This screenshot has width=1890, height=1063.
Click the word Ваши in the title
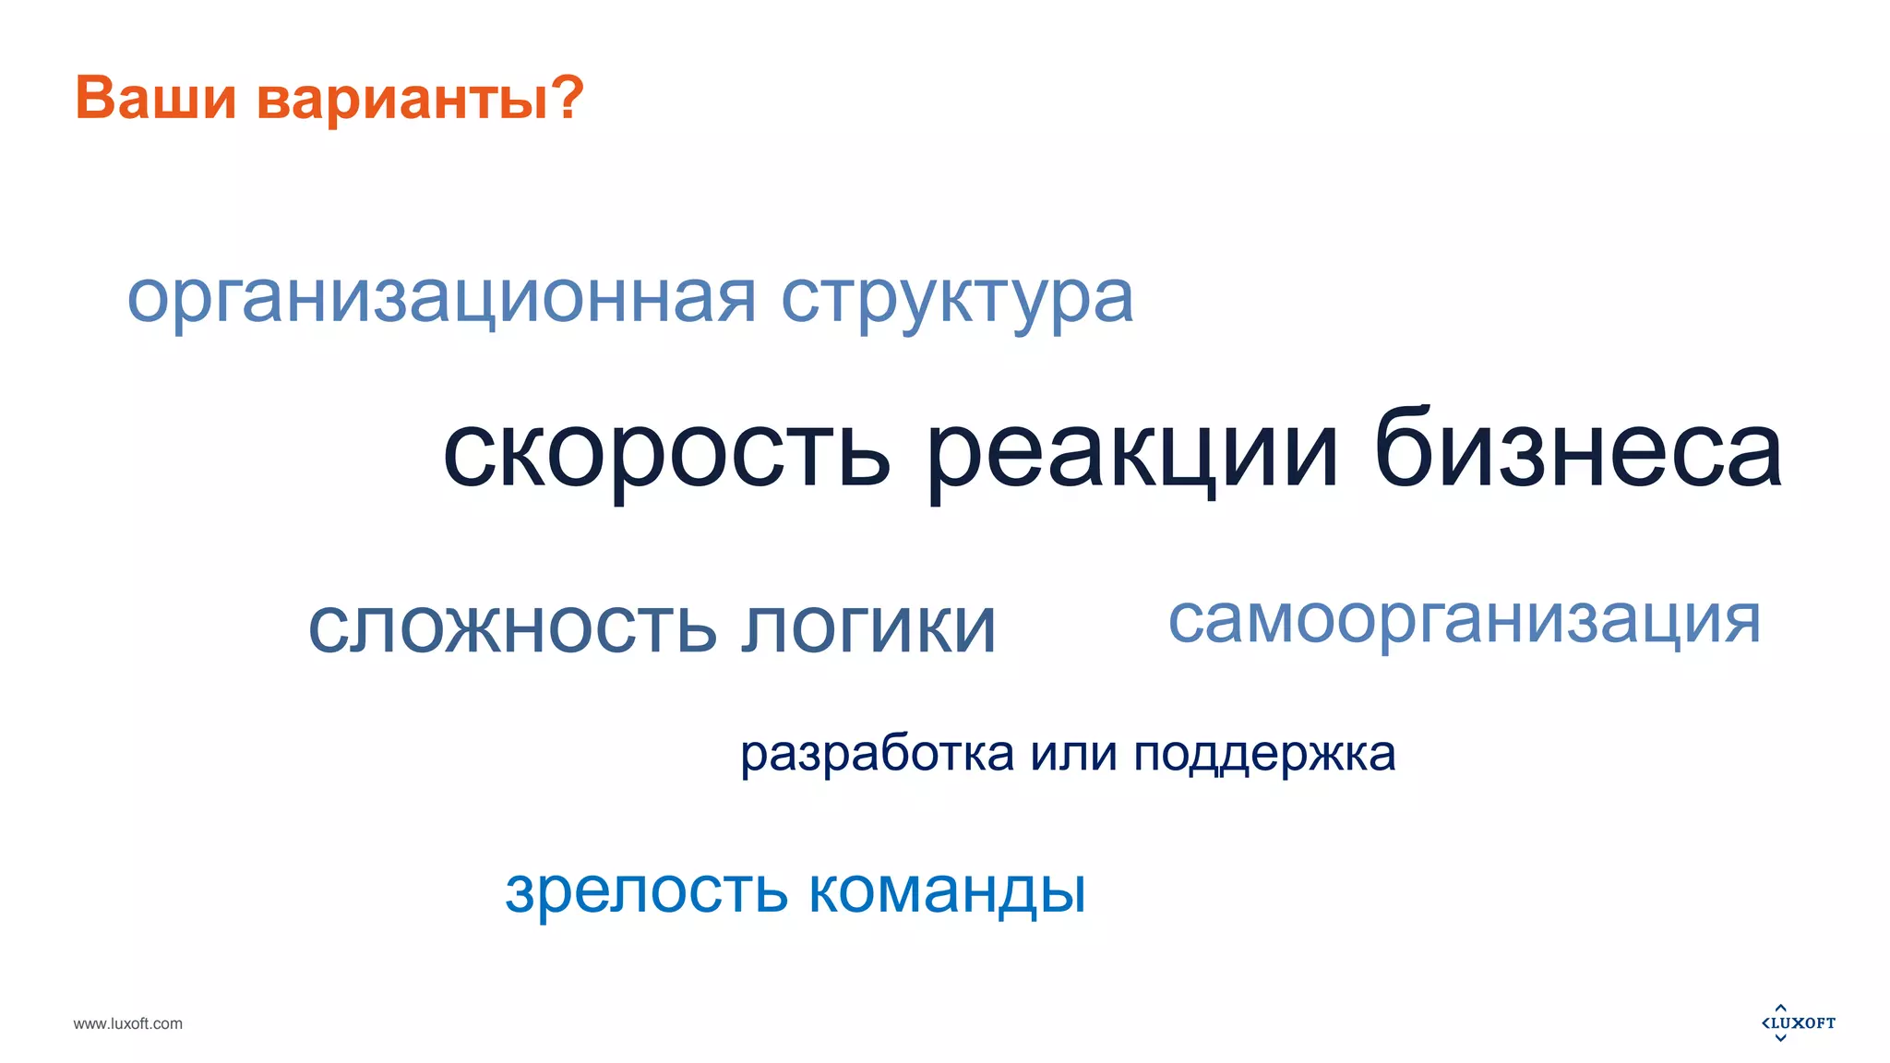[x=155, y=97]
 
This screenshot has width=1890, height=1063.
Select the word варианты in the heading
[x=403, y=100]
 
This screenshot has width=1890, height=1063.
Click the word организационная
[x=441, y=299]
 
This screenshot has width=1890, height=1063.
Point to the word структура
[x=957, y=299]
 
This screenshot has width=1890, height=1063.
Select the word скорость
[x=666, y=452]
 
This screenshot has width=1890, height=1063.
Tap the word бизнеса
[x=1578, y=449]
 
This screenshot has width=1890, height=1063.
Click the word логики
[x=868, y=627]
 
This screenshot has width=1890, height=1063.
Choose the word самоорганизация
[x=1465, y=620]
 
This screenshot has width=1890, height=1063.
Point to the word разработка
[x=877, y=754]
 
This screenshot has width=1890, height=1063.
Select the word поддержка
[x=1264, y=756]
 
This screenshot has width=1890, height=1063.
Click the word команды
[x=947, y=891]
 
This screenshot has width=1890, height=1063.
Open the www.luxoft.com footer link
[x=128, y=1023]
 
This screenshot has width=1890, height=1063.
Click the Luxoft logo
[x=1799, y=1022]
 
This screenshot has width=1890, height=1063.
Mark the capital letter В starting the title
[x=93, y=97]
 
